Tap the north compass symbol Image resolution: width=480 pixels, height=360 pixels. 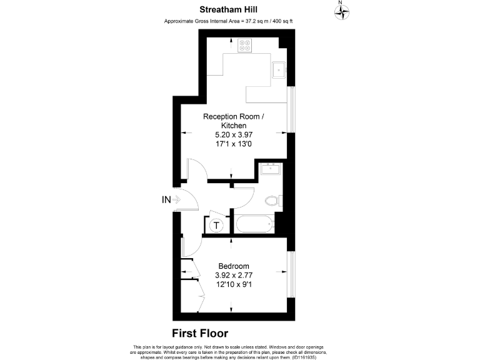pos(341,11)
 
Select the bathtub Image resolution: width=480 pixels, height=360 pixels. pos(254,223)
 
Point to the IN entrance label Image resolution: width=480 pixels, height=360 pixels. pos(166,200)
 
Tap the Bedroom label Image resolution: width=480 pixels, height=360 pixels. pos(234,266)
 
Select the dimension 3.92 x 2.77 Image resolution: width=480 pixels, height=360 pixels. pos(234,275)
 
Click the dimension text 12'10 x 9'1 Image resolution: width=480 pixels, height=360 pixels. pos(234,284)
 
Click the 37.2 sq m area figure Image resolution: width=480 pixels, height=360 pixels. pos(248,21)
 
